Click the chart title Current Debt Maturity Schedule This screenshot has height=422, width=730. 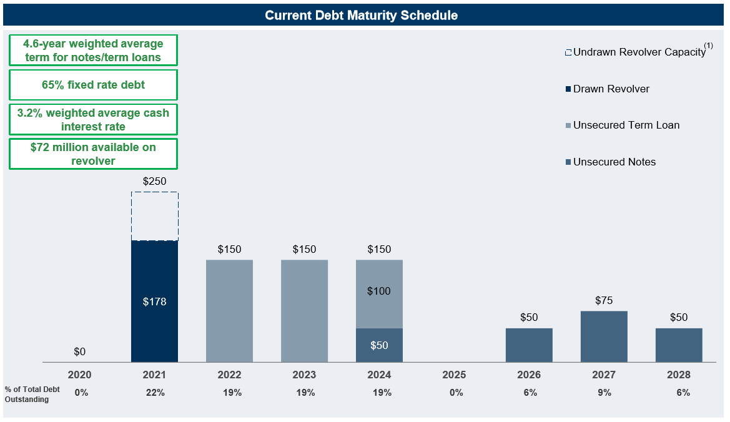point(361,15)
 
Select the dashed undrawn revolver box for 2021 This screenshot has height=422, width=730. point(154,216)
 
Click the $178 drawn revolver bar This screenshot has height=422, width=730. point(154,302)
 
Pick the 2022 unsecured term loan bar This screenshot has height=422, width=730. point(229,310)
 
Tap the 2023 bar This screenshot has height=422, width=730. point(304,310)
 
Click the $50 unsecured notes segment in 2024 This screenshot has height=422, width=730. point(379,345)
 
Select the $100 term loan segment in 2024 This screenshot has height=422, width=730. point(379,293)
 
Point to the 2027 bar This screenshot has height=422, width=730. point(604,336)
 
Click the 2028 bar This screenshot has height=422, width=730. point(679,345)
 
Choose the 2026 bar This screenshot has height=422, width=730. point(529,345)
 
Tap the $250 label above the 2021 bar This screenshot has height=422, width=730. point(154,182)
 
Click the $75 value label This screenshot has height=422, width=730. point(604,301)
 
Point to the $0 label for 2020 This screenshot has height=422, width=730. point(79,352)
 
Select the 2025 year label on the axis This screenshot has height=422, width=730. point(454,375)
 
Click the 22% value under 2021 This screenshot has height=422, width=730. point(154,393)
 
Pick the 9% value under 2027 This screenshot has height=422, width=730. point(604,393)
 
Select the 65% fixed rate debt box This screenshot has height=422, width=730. point(93,85)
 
